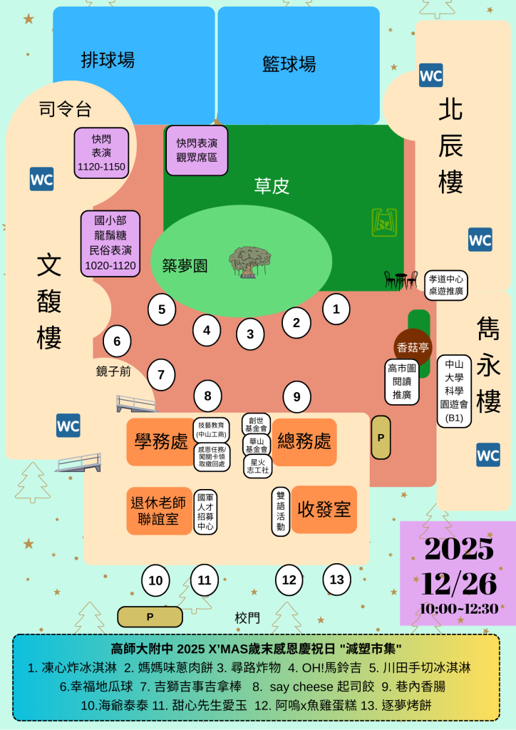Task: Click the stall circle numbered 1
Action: [336, 309]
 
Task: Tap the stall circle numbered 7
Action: [162, 374]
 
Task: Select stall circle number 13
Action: [336, 579]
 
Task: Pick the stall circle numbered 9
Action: [297, 396]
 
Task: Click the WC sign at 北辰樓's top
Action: [430, 75]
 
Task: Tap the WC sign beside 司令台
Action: [41, 179]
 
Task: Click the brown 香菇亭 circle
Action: [413, 347]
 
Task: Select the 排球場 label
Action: [108, 60]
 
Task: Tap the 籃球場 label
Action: [289, 64]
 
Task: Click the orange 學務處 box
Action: [160, 442]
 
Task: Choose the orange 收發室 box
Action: [324, 510]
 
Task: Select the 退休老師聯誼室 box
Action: [159, 510]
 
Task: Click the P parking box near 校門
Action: [150, 617]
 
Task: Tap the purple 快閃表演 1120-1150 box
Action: [101, 151]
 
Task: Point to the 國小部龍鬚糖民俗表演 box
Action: [110, 243]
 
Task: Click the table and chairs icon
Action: [401, 279]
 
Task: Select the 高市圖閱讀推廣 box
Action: [402, 381]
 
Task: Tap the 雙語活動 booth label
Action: [281, 511]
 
